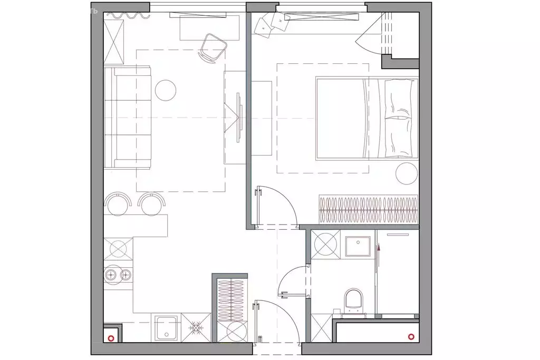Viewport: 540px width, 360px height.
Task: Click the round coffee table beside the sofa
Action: tap(165, 90)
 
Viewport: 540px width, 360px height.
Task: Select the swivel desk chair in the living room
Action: tap(213, 47)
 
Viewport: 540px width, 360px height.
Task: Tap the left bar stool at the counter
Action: tap(119, 204)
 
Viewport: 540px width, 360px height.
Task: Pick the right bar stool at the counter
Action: tap(151, 204)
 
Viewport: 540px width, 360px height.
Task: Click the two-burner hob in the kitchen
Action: tap(118, 275)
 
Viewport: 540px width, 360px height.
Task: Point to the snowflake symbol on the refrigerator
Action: tap(196, 328)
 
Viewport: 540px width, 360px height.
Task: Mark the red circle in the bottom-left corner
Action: tap(111, 338)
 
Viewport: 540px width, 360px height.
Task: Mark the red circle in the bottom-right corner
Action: tap(411, 336)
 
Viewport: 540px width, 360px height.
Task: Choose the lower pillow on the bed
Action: tap(398, 137)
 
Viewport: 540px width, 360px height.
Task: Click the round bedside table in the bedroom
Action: tap(407, 173)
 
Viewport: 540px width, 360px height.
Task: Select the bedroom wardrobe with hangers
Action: tap(368, 209)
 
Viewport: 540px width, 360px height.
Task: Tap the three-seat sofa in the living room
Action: tap(128, 118)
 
